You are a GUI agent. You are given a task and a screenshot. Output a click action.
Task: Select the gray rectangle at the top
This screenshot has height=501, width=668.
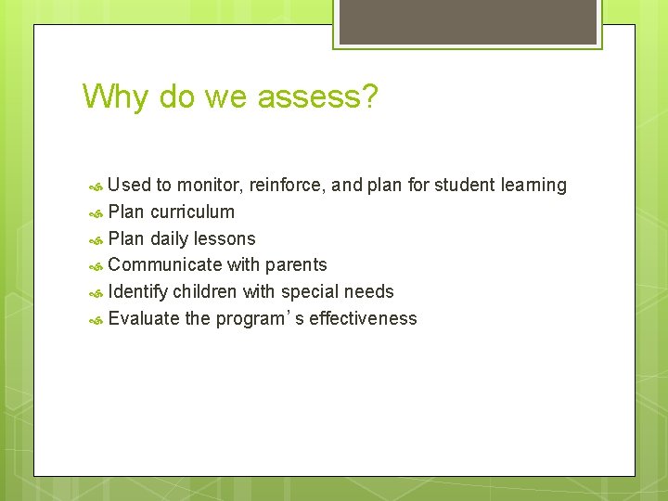pyautogui.click(x=467, y=21)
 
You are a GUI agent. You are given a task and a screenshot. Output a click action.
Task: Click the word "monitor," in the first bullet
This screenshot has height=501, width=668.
pyautogui.click(x=210, y=186)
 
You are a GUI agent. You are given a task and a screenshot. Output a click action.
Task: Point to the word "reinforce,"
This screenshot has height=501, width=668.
pyautogui.click(x=287, y=186)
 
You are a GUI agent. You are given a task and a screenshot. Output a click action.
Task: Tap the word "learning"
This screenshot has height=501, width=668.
pyautogui.click(x=533, y=186)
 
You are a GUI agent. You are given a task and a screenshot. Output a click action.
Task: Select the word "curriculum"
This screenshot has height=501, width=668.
pyautogui.click(x=192, y=212)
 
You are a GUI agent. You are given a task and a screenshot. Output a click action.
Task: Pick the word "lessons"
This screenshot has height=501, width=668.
pyautogui.click(x=224, y=238)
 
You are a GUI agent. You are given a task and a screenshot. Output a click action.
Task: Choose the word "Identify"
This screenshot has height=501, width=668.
pyautogui.click(x=138, y=292)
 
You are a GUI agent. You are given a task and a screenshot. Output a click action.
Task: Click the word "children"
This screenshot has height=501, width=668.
pyautogui.click(x=205, y=292)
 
